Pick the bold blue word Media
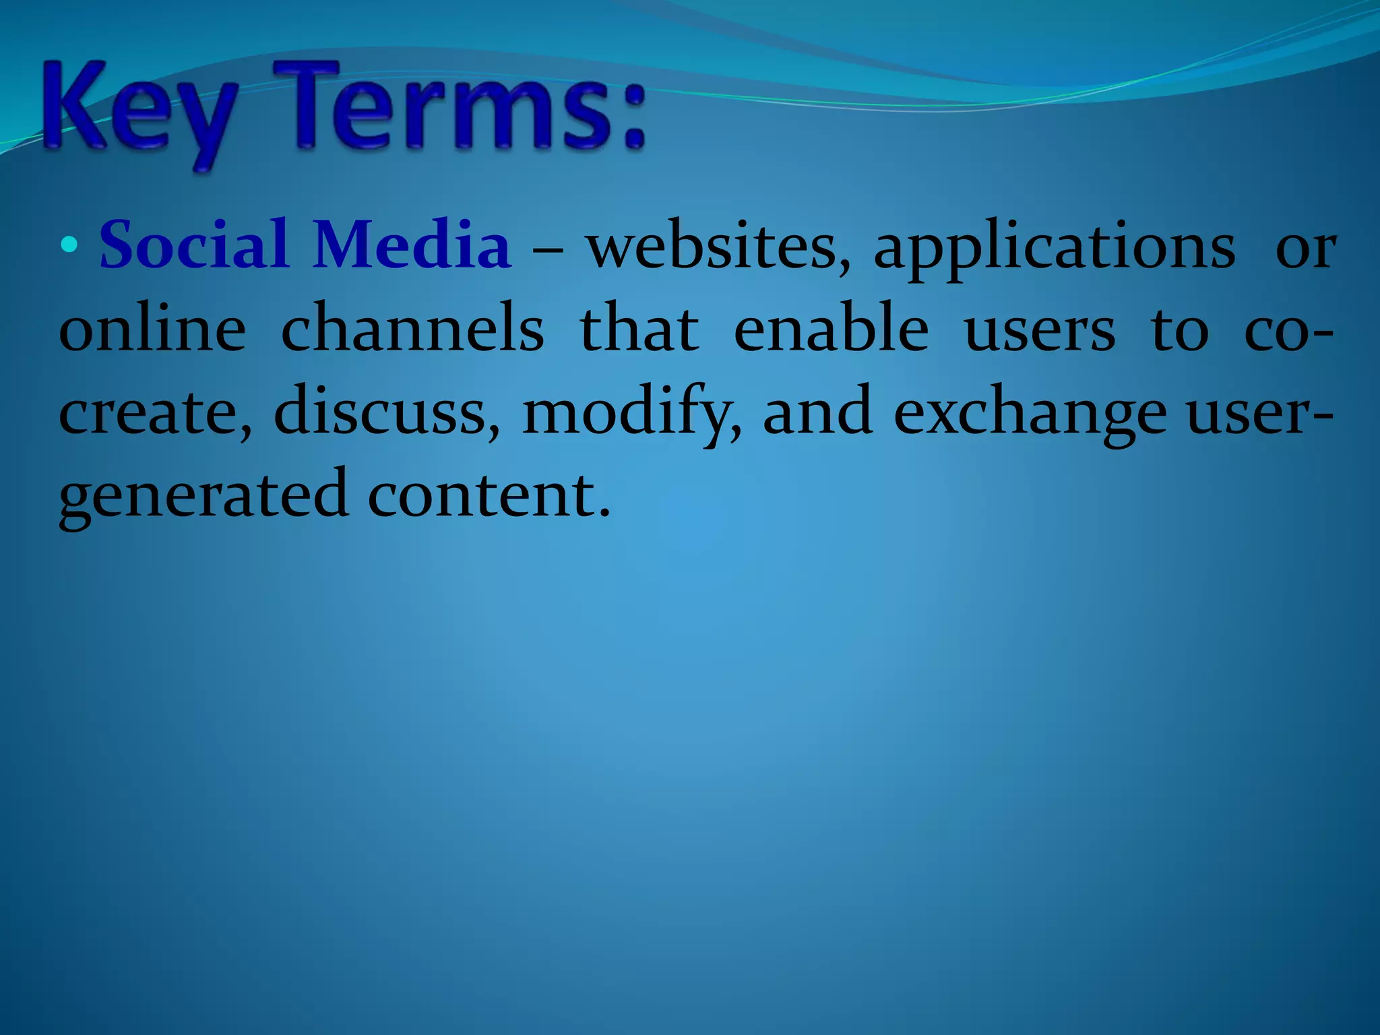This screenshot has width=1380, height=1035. pos(412,245)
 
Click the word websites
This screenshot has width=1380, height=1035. pos(717,247)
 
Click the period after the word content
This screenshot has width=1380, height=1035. pos(604,513)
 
